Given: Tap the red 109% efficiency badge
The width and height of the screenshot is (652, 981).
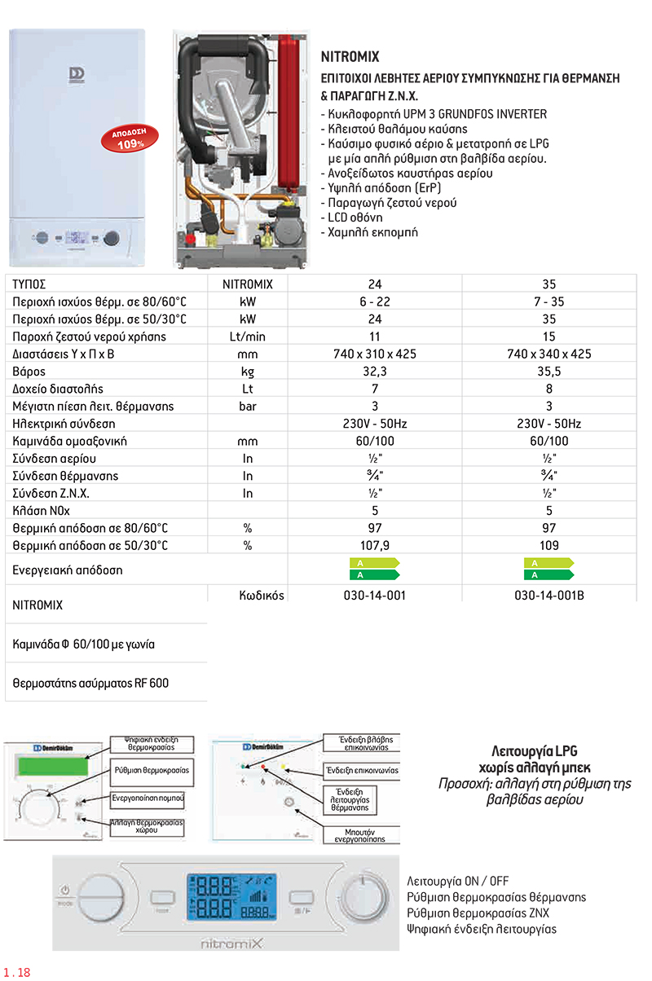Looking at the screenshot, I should pos(127,138).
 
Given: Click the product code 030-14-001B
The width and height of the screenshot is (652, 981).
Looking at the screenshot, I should pos(549,596).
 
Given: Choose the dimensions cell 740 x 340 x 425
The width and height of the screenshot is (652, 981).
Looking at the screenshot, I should pos(549,354).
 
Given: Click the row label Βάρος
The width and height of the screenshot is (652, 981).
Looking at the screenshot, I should pos(29,372).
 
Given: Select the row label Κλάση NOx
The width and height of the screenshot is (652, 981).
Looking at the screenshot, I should pos(41,511).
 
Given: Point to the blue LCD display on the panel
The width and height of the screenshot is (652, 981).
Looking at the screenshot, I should pos(226,899).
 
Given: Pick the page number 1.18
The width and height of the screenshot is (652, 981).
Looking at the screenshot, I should pos(17,972).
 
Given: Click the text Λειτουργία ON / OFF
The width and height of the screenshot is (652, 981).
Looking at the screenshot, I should pos(456,882).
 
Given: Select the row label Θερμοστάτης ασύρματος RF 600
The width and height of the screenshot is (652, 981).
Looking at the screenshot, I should pos(91,682).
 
